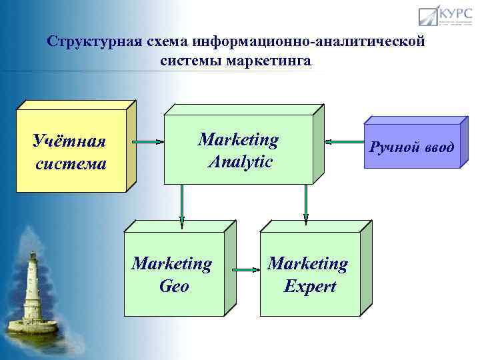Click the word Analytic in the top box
click(239, 161)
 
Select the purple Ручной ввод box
click(412, 146)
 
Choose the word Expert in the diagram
click(309, 286)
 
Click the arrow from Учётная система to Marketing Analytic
click(147, 141)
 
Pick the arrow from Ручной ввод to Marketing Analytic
click(343, 141)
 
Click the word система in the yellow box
click(71, 163)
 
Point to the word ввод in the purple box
click(437, 146)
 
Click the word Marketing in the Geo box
click(172, 264)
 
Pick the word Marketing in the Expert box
click(307, 264)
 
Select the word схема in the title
click(164, 42)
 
